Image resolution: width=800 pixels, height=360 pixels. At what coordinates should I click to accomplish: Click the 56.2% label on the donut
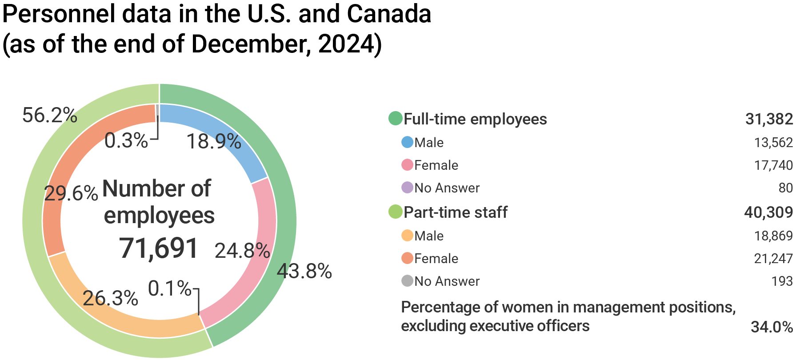coord(50,116)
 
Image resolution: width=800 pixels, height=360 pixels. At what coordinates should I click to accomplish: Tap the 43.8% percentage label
coord(304,271)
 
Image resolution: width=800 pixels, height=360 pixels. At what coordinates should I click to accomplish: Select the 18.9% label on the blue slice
coord(214,142)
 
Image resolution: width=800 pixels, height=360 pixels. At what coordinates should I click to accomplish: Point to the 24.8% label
coord(242,251)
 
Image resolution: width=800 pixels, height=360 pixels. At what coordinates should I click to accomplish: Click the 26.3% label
coord(110,298)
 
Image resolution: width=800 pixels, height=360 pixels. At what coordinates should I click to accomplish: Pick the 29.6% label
coord(71,194)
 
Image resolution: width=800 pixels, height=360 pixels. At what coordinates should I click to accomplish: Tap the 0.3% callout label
coord(126,141)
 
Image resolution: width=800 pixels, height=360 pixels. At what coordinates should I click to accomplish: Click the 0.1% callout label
coord(170,289)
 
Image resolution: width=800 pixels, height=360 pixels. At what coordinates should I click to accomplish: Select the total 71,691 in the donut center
coord(159,248)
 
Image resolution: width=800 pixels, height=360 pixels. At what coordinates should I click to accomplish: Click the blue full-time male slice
coord(222,133)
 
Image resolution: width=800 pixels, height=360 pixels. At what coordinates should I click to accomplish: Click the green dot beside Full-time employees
coord(395,119)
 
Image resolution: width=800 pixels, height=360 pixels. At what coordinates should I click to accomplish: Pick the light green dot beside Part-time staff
coord(395,212)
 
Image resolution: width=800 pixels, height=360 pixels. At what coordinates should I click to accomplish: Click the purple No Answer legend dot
coord(407,188)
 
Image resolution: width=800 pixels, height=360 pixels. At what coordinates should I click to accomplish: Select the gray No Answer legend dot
coord(407,281)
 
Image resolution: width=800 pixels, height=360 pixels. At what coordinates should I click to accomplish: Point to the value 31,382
coord(769,119)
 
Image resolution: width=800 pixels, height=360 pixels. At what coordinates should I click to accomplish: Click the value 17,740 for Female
coord(773,165)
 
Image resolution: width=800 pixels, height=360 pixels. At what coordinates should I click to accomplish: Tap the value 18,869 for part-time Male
coord(773,236)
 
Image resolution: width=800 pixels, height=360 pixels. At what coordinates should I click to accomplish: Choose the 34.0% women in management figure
coord(772,327)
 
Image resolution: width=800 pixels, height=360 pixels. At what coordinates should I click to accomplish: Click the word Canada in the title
coord(389,14)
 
